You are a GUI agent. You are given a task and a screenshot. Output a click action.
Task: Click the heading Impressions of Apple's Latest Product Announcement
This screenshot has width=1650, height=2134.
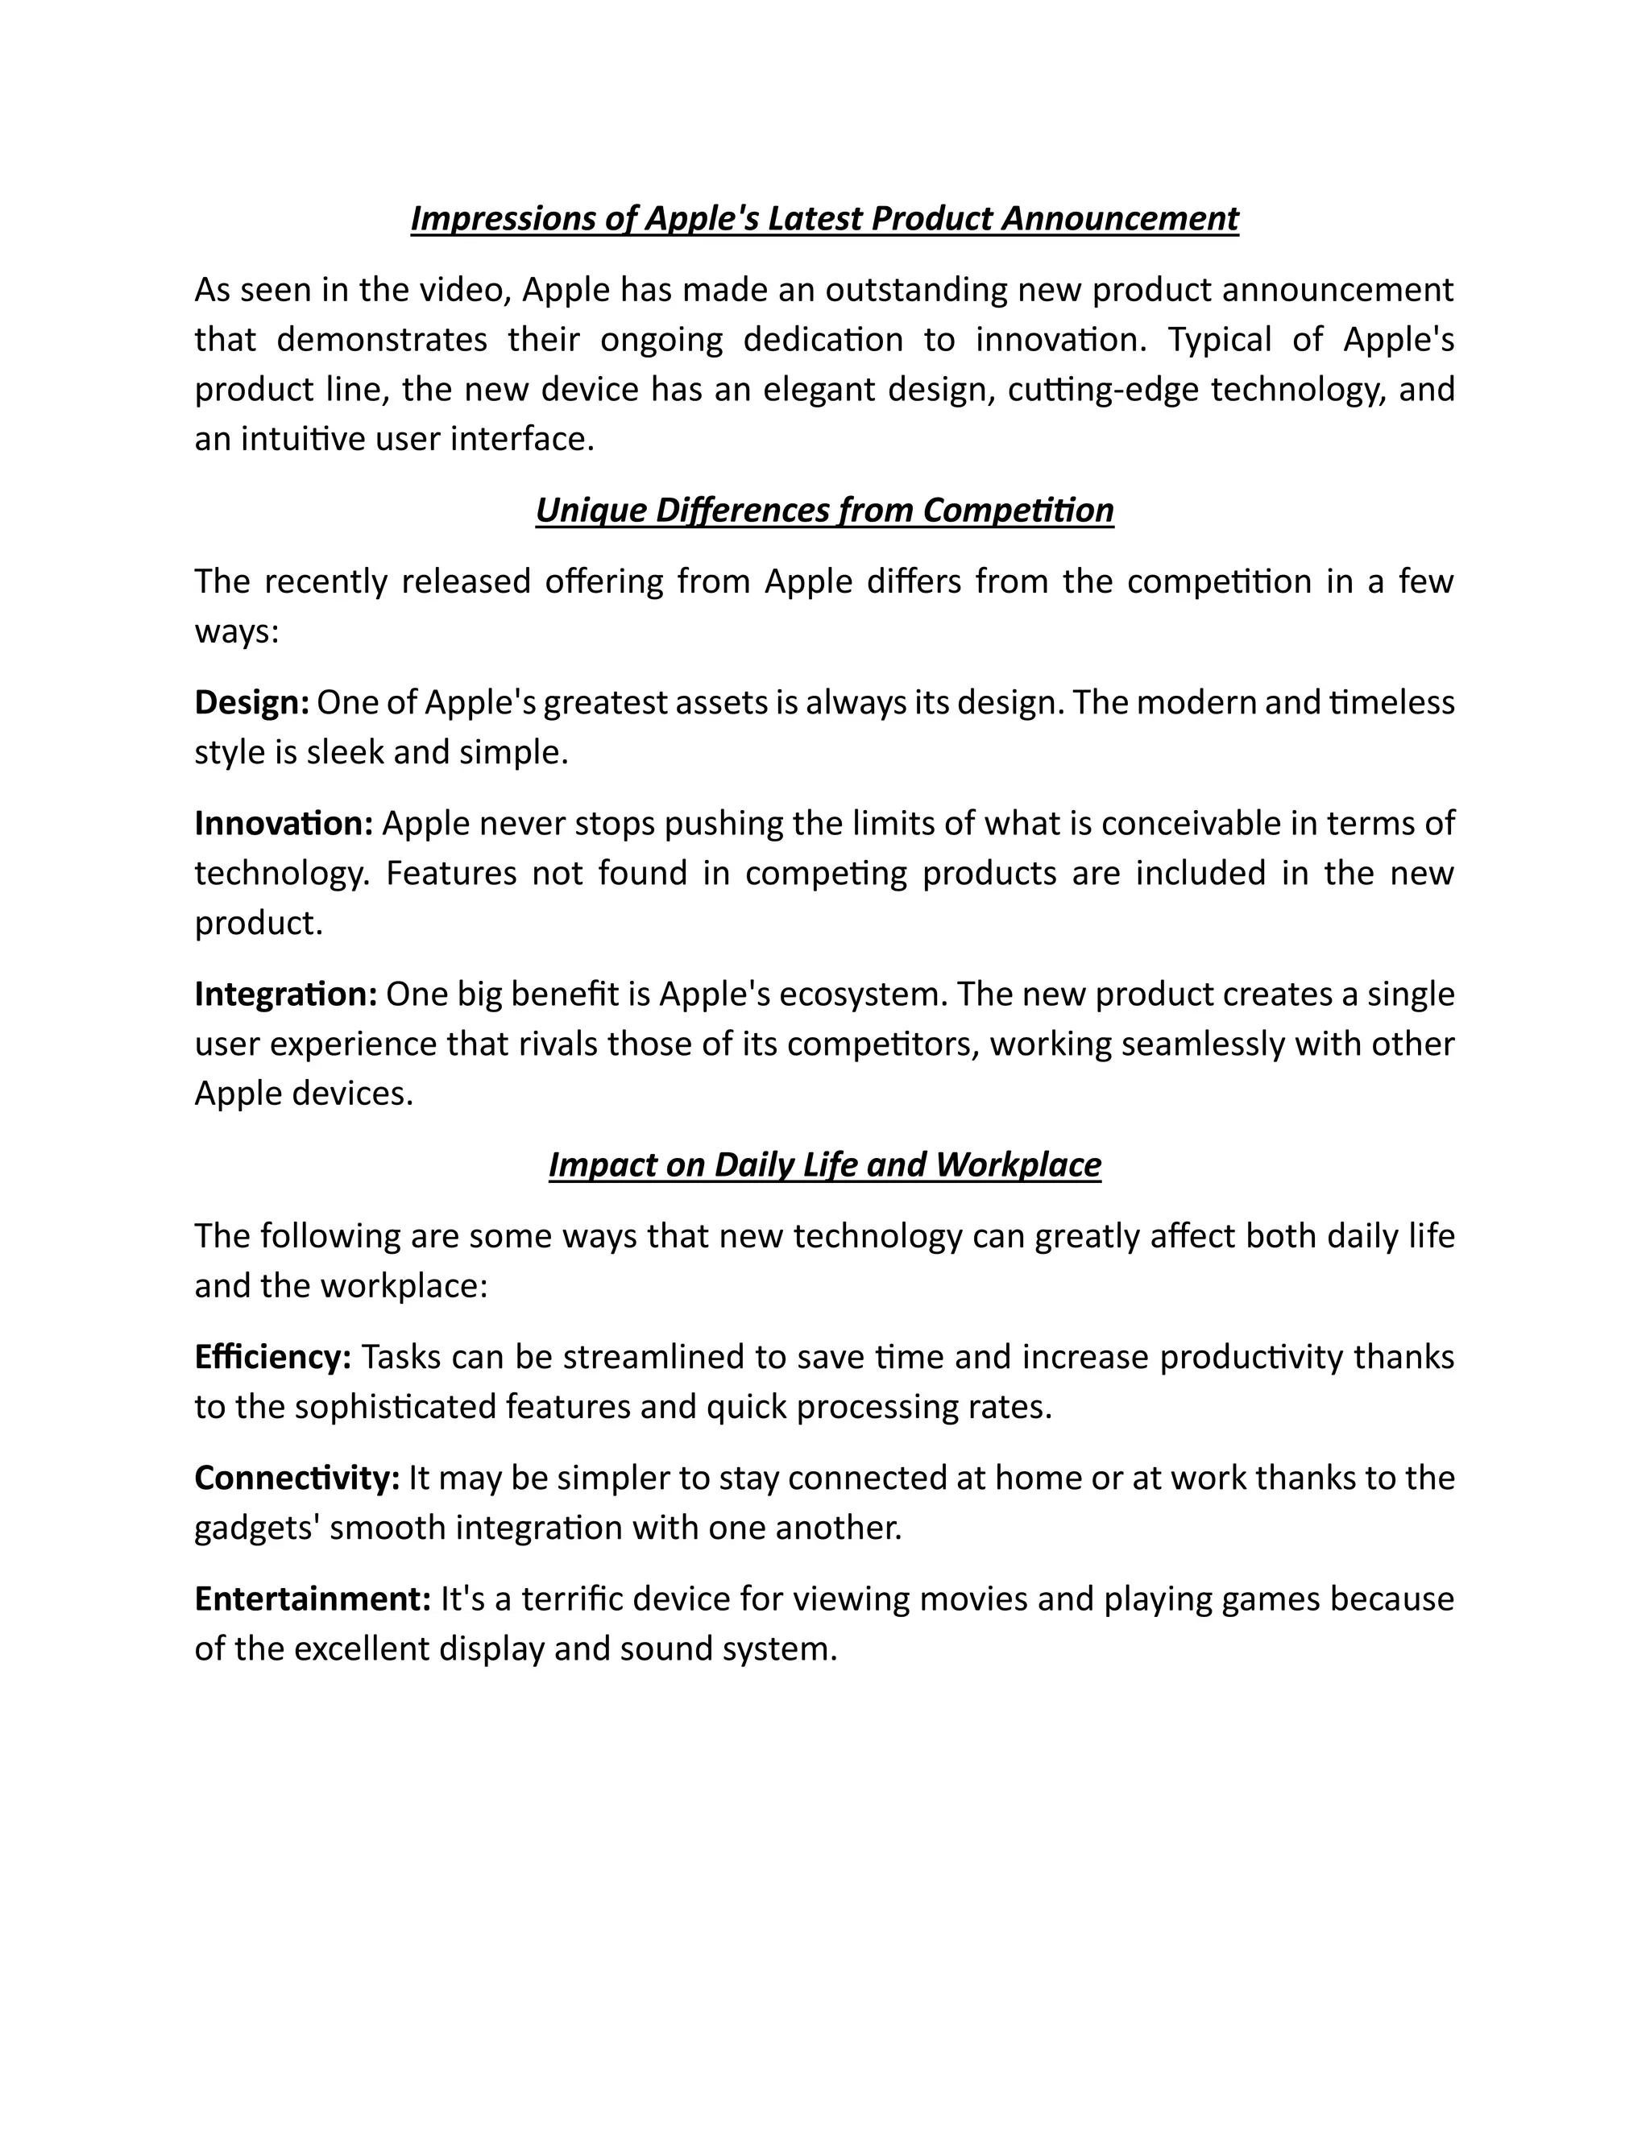click(824, 218)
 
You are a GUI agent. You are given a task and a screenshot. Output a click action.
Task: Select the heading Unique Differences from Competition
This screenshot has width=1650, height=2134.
click(824, 510)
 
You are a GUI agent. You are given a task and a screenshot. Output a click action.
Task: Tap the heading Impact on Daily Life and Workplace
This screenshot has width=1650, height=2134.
click(824, 1164)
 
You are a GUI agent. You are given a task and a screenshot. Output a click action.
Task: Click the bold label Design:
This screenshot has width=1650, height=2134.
click(252, 702)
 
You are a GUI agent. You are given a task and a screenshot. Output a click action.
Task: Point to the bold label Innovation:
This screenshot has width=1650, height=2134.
click(284, 824)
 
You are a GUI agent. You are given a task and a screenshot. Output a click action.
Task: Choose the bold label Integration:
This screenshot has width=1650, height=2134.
click(285, 994)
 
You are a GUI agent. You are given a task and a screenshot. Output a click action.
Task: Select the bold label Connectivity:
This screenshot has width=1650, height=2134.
click(297, 1478)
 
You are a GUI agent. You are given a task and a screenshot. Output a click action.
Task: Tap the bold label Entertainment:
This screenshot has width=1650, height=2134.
click(313, 1599)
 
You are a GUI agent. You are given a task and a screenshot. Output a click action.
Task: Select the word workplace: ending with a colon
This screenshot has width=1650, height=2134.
click(404, 1286)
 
